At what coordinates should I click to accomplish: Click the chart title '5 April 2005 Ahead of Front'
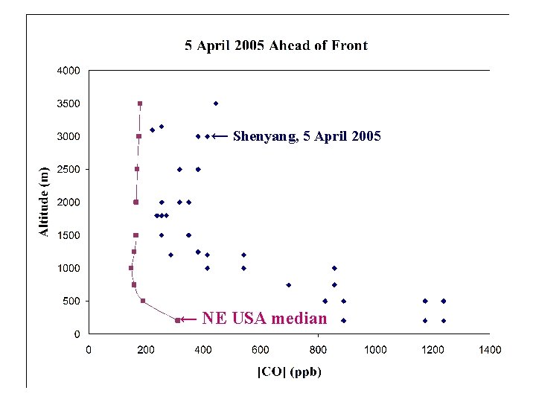point(276,45)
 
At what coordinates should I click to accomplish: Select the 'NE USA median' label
point(264,319)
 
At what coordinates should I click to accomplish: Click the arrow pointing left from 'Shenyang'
point(220,136)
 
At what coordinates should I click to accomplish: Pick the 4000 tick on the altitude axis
point(70,71)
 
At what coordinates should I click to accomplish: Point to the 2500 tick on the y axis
point(70,170)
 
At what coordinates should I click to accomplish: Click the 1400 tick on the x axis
point(489,349)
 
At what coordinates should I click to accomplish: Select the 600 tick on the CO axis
point(261,349)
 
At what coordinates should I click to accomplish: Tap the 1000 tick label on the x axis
point(374,349)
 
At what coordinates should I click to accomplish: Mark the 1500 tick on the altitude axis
point(70,235)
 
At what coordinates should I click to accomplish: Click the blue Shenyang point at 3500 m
point(216,103)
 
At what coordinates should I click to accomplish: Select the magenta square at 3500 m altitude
point(140,103)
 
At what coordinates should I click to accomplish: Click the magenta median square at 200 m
point(177,320)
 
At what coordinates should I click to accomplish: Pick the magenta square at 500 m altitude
point(143,301)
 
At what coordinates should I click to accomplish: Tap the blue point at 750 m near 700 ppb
point(289,284)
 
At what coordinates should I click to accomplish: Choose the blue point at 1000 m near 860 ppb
point(334,268)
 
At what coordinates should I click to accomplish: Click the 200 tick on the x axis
point(146,349)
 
